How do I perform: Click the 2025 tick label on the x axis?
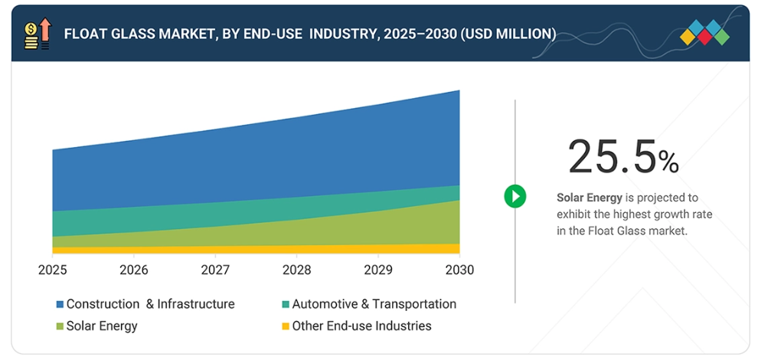coord(52,270)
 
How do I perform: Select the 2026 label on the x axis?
coord(133,270)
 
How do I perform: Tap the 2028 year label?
coord(296,270)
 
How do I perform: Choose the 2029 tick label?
coord(377,270)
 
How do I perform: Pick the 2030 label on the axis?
coord(459,270)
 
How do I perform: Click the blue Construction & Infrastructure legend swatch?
coord(59,305)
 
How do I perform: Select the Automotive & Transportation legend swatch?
coord(286,305)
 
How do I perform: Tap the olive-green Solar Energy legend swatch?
coord(59,327)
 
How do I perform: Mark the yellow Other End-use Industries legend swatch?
coord(286,327)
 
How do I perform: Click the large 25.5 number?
coord(612,157)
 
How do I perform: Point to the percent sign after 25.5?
coord(668,162)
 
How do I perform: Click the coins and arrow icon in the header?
coord(37,34)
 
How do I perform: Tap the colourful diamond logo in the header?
coord(704,33)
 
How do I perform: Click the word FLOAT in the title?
coord(84,34)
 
